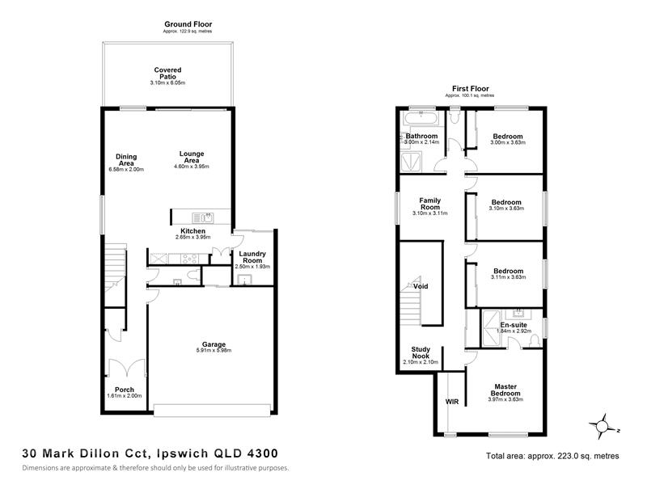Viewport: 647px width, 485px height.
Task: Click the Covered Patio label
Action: point(167,74)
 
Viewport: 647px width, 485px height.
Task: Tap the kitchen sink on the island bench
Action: point(203,217)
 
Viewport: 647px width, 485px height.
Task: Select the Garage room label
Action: point(214,344)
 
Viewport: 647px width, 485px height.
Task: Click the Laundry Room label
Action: point(252,257)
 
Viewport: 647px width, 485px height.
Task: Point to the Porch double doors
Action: point(127,367)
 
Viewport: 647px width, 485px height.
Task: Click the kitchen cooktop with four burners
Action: point(189,259)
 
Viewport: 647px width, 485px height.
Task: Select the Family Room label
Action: point(430,204)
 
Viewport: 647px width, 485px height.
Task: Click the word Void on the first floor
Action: point(421,286)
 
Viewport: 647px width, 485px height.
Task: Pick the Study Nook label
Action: point(421,352)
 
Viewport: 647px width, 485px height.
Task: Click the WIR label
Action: point(452,402)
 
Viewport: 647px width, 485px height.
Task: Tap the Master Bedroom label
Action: point(505,390)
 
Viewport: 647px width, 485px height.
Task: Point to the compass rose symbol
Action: point(603,426)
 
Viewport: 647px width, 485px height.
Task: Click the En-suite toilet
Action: point(535,340)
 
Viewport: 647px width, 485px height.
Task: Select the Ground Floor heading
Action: point(188,24)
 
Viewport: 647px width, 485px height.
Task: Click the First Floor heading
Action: point(471,89)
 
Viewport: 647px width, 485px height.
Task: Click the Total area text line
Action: point(552,456)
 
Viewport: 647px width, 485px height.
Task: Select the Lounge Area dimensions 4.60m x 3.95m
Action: point(192,167)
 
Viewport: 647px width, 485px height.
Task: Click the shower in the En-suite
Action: point(491,329)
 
